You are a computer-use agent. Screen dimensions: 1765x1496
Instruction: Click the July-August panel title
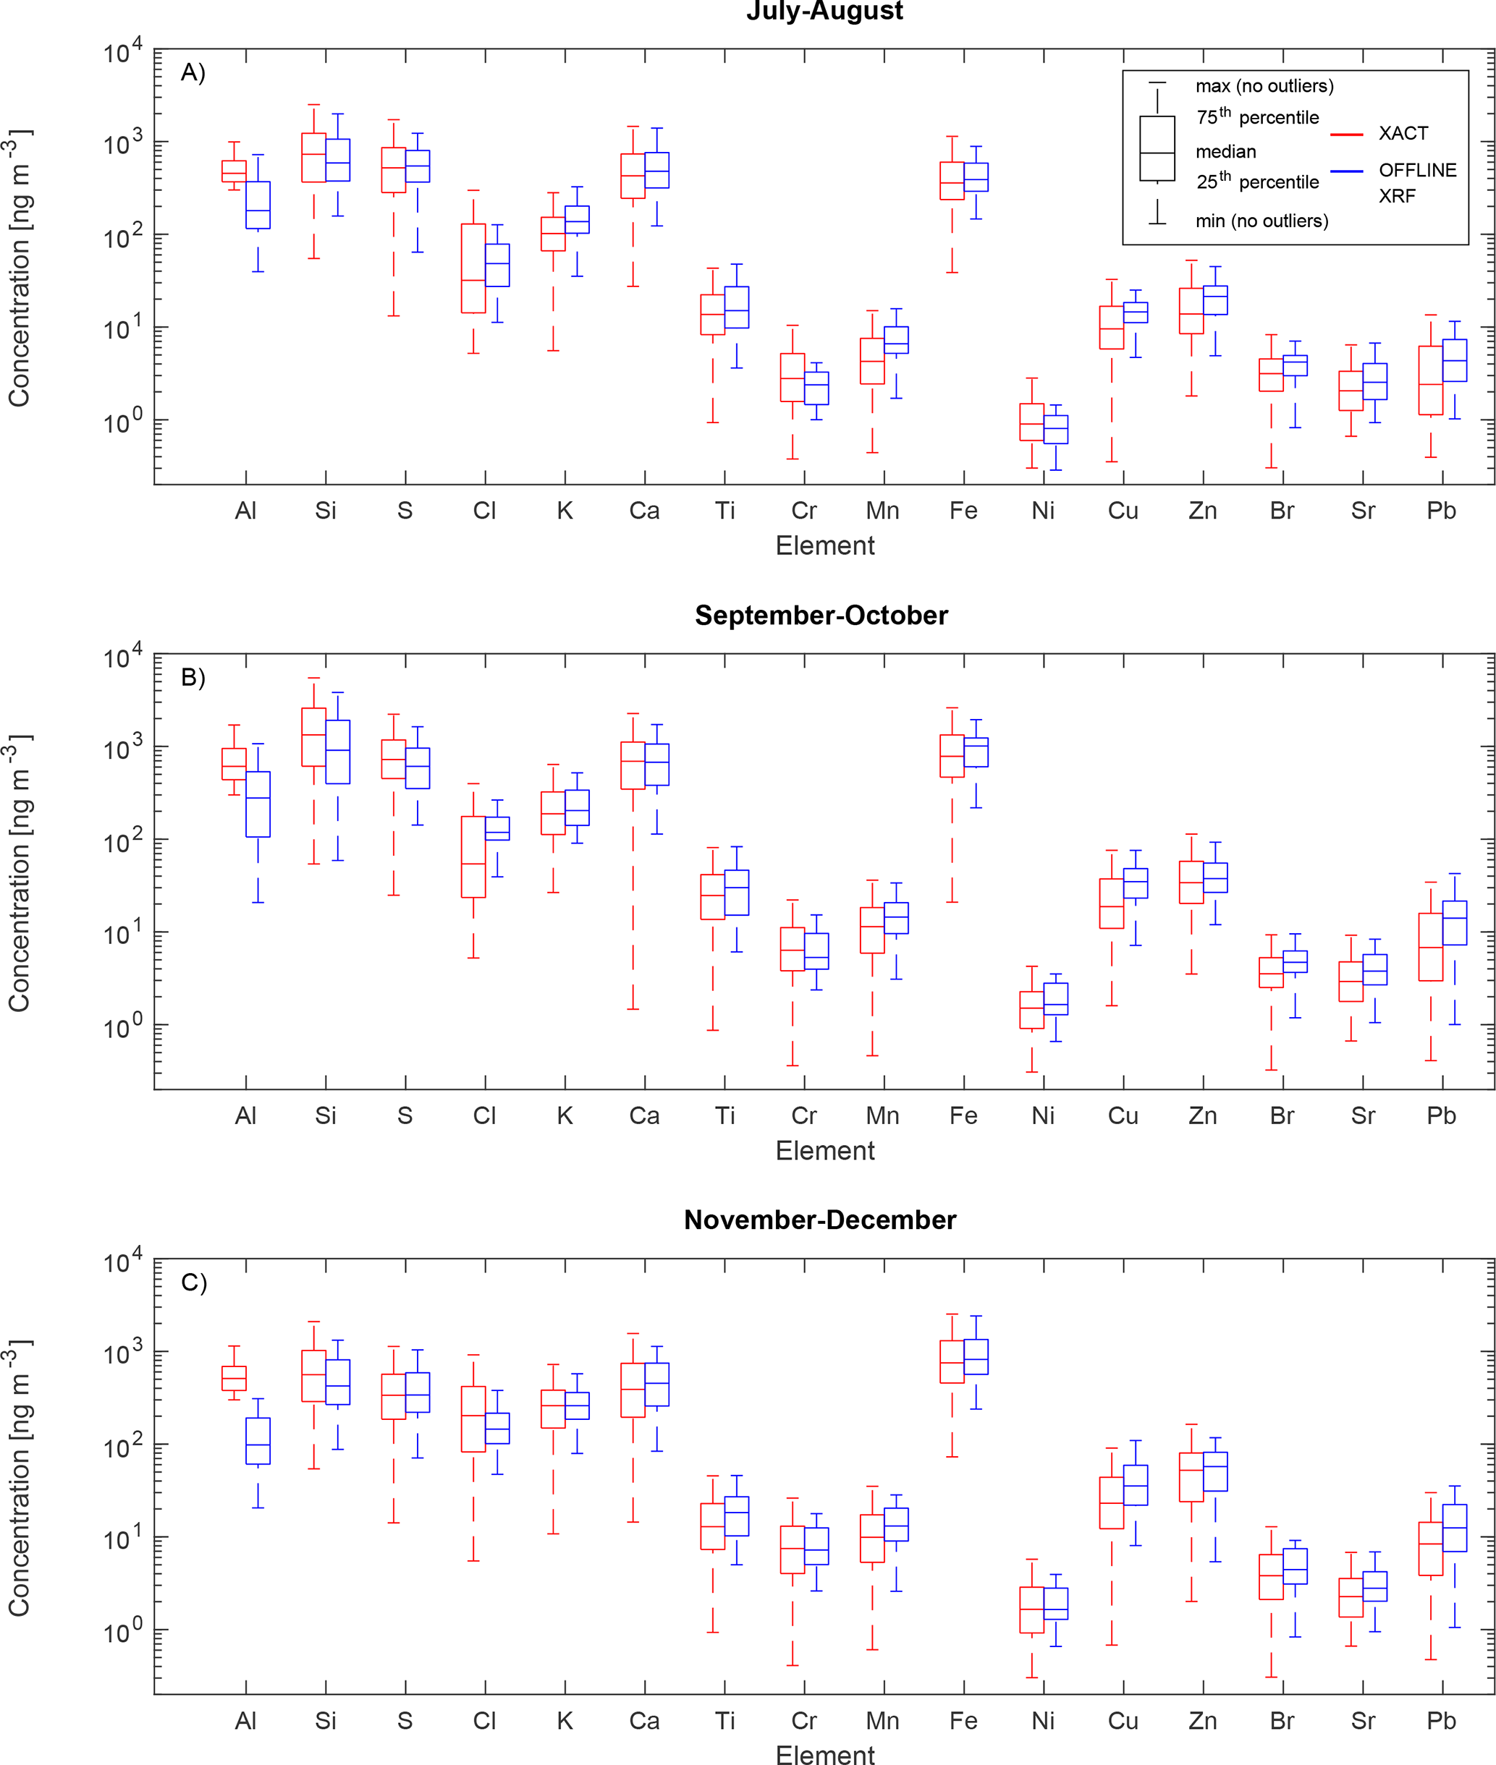[x=824, y=11]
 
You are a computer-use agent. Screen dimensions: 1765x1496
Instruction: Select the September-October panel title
[x=821, y=616]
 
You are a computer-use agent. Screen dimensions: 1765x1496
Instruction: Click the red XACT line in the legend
[x=1347, y=134]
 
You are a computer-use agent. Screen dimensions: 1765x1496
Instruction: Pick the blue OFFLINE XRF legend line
[x=1347, y=171]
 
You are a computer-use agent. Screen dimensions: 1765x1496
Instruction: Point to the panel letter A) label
[x=193, y=73]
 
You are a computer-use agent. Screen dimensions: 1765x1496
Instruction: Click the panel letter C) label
[x=193, y=1283]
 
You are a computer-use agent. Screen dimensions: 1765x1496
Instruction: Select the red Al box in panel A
[x=234, y=171]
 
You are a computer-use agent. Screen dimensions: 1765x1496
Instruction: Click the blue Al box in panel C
[x=258, y=1441]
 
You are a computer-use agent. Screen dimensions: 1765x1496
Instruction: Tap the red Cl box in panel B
[x=473, y=856]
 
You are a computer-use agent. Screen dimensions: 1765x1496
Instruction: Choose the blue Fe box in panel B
[x=976, y=753]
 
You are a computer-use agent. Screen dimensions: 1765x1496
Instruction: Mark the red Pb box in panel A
[x=1431, y=380]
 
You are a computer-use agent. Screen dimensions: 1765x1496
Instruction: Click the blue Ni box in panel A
[x=1056, y=429]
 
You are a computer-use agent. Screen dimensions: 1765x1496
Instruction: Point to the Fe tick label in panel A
[x=963, y=511]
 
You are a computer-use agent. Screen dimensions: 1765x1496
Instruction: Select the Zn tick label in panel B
[x=1203, y=1115]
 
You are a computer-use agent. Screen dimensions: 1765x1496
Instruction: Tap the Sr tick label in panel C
[x=1363, y=1720]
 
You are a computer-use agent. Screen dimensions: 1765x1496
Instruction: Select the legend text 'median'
[x=1225, y=152]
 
